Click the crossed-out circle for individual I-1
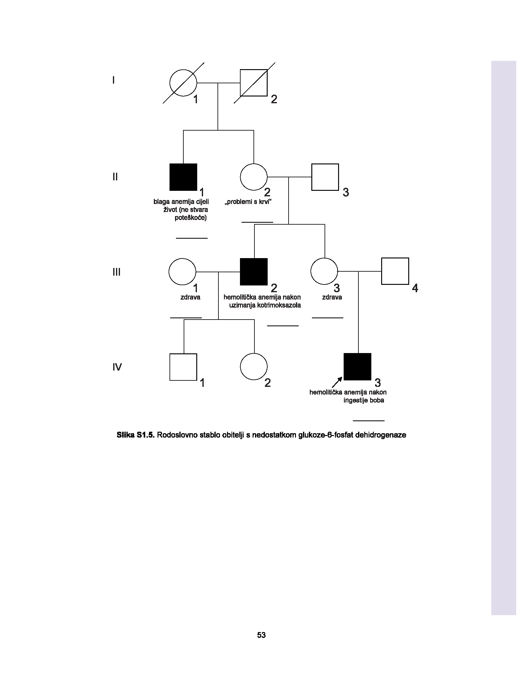(183, 83)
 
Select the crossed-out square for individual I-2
(254, 83)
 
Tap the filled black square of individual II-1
(183, 177)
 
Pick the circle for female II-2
(254, 177)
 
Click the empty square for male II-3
(325, 177)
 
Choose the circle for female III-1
(182, 271)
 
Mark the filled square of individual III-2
(254, 271)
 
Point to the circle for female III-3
(324, 271)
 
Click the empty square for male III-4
(395, 271)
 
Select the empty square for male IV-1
(183, 367)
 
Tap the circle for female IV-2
(254, 367)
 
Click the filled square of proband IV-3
(357, 367)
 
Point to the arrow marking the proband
(337, 382)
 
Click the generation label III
(116, 272)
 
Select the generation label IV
(117, 367)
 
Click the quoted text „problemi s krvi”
(248, 202)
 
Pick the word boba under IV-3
(377, 400)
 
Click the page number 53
(261, 635)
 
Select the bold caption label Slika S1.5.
(135, 435)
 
